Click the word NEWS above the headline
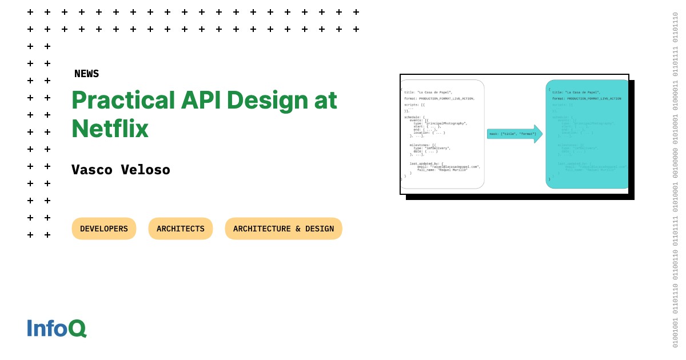tap(86, 74)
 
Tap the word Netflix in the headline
tap(110, 129)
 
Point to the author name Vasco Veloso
tap(121, 170)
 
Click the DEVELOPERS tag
tap(104, 229)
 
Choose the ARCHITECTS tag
tap(181, 229)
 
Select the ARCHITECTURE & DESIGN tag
tap(284, 229)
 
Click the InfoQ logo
tap(56, 328)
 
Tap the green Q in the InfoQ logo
tap(77, 328)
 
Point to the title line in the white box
tap(428, 92)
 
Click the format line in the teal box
tap(586, 98)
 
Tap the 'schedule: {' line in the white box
tap(414, 117)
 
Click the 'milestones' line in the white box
tap(423, 145)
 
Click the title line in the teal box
tap(576, 92)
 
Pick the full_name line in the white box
tap(442, 170)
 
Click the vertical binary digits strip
tap(675, 180)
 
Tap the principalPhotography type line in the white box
tap(440, 123)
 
